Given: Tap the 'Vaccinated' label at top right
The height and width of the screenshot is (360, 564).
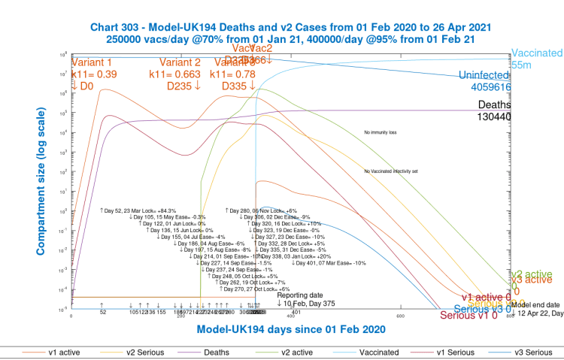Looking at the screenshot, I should (537, 54).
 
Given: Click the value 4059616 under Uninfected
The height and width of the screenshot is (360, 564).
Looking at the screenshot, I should (487, 87).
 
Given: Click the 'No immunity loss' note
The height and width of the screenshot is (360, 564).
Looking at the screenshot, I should (381, 133).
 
